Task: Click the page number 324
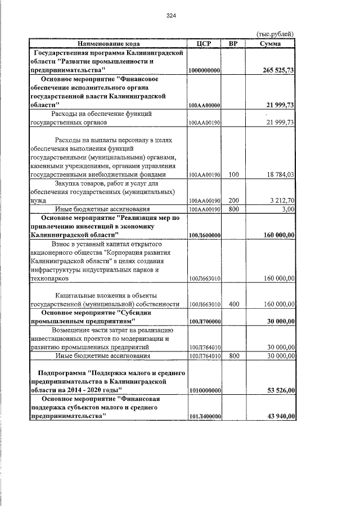(x=172, y=16)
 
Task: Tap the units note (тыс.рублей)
(x=275, y=34)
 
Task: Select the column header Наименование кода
(x=109, y=43)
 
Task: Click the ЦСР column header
(x=204, y=43)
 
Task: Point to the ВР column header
(x=233, y=43)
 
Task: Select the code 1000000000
(x=204, y=71)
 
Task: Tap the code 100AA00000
(x=204, y=105)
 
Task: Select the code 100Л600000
(x=204, y=235)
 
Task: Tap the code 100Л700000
(x=204, y=322)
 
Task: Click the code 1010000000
(x=204, y=390)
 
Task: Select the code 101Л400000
(x=204, y=416)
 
